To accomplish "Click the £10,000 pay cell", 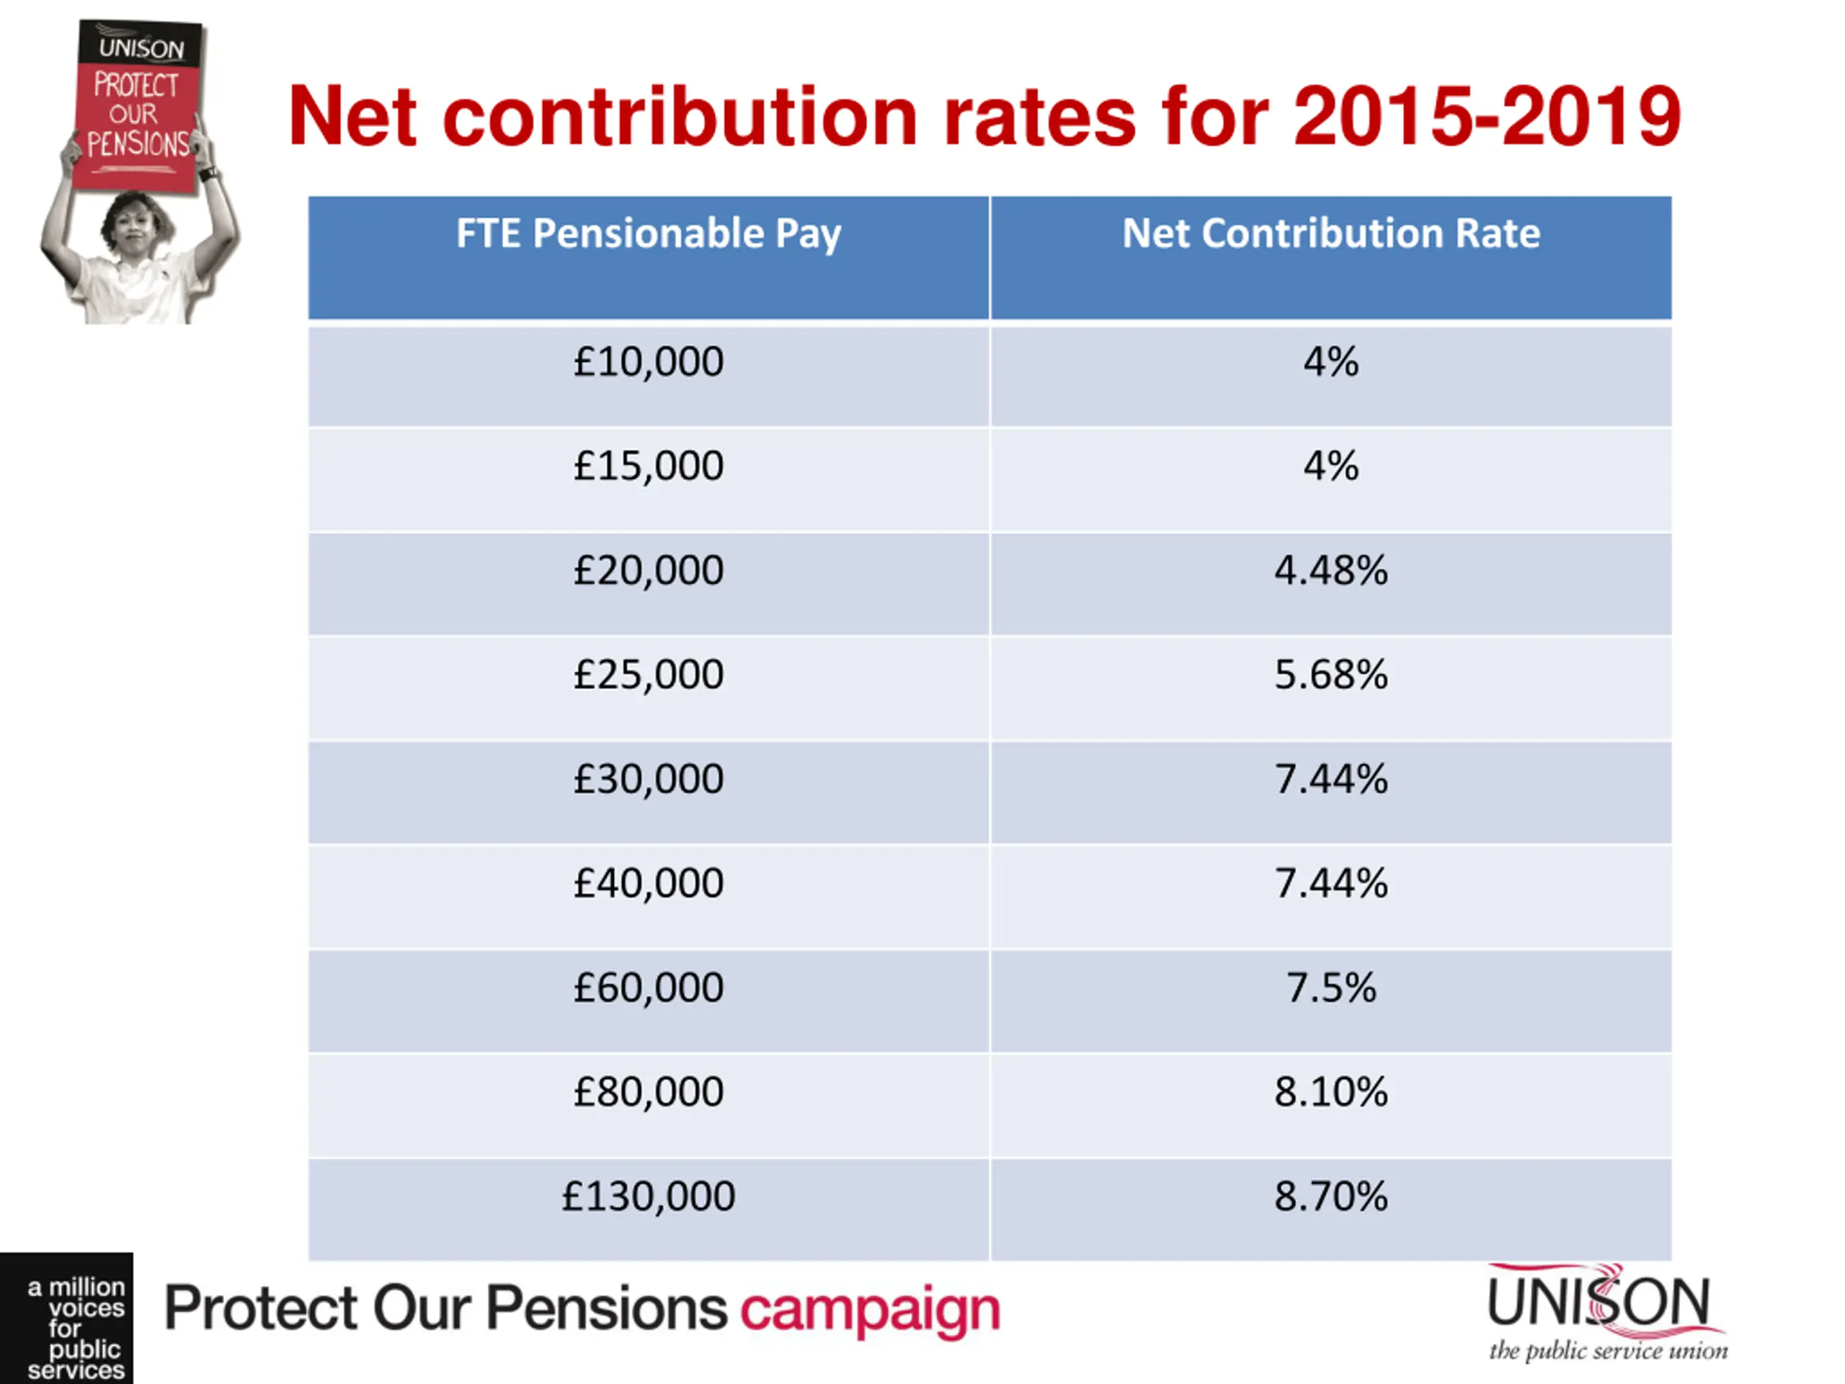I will (x=648, y=363).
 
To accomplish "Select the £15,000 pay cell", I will (x=648, y=466).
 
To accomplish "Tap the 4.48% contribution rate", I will (x=1330, y=572).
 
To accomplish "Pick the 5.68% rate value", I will (x=1330, y=675).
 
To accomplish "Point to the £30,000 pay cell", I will (x=648, y=780).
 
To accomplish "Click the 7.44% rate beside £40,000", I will (x=1330, y=884).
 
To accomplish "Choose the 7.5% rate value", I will (x=1330, y=988).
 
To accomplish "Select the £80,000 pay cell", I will (x=648, y=1092).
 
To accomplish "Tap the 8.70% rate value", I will (x=1330, y=1197).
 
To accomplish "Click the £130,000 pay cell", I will (x=648, y=1197).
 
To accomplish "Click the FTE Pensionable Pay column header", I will (x=648, y=234).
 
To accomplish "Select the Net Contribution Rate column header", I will (x=1330, y=234).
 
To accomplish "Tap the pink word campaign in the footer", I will (x=870, y=1310).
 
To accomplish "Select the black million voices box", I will (x=67, y=1318).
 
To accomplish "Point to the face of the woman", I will (x=135, y=229).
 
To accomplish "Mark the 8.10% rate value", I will (x=1330, y=1092).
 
